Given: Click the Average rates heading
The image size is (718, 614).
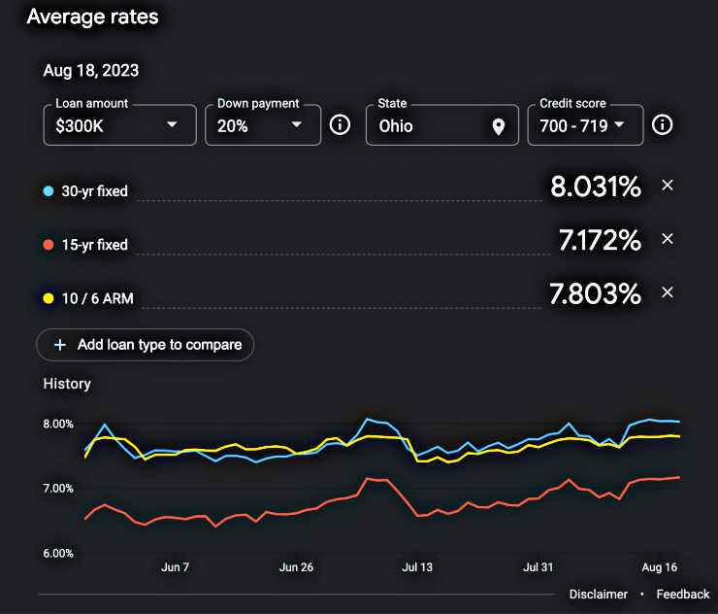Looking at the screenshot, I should [x=92, y=17].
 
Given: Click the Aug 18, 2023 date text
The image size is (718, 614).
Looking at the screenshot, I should [x=90, y=71].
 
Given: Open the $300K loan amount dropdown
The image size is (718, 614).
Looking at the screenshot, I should [x=119, y=125].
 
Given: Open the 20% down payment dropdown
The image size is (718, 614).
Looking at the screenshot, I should [x=262, y=125].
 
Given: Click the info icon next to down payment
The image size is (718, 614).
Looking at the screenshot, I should [x=340, y=125].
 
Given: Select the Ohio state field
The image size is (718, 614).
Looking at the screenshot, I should [x=427, y=125].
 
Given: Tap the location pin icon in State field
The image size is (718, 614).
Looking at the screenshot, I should [x=498, y=126].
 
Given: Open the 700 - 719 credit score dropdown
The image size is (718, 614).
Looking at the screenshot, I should [x=584, y=125].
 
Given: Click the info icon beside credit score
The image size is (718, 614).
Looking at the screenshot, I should [x=662, y=125].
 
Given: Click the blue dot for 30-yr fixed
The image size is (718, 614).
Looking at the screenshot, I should [x=49, y=191].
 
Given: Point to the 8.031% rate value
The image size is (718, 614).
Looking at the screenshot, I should [x=596, y=187].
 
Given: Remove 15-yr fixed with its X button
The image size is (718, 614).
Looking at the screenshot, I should [x=667, y=239].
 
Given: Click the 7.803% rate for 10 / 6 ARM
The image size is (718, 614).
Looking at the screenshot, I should [x=600, y=293].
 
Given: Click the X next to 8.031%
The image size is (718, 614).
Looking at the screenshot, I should [x=667, y=186].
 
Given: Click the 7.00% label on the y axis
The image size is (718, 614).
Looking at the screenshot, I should [x=58, y=489].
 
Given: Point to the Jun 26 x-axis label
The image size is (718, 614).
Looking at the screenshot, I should [x=296, y=567].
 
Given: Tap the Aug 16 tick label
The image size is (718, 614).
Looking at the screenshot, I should [x=659, y=567].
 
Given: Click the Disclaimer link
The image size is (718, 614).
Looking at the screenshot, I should [x=598, y=594].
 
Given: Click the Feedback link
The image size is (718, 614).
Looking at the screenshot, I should [x=683, y=594].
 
